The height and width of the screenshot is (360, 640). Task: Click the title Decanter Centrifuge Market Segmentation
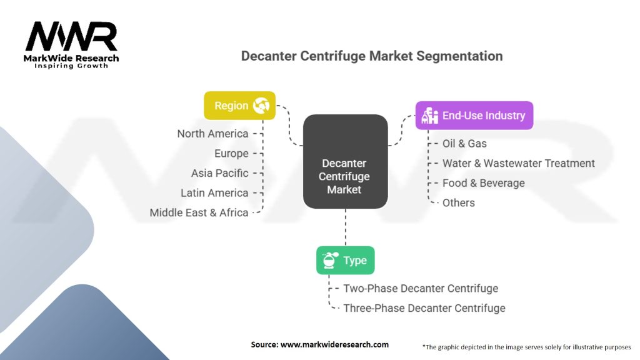[x=371, y=56]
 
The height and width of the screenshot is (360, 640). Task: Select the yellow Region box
[x=239, y=106]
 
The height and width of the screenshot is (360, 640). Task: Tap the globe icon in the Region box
[x=261, y=106]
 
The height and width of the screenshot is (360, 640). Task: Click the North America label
[x=212, y=134]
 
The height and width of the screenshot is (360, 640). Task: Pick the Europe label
[x=231, y=154]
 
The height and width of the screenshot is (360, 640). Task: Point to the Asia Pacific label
[x=219, y=173]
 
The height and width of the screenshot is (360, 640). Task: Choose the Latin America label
[x=214, y=193]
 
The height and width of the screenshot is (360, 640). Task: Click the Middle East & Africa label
[x=199, y=213]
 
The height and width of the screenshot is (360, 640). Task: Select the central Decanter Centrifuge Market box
[x=344, y=161]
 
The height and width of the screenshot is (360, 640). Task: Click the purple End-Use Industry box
[x=474, y=116]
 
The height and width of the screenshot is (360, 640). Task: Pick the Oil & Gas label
[x=464, y=144]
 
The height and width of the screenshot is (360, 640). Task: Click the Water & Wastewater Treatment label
[x=518, y=164]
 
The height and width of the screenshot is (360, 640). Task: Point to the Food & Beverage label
[x=483, y=183]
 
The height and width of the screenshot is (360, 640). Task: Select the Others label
[x=458, y=203]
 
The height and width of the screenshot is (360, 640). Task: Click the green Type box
[x=345, y=260]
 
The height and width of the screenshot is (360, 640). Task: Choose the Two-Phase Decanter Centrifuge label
[x=421, y=289]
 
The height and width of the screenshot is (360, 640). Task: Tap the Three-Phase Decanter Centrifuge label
[x=424, y=308]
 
